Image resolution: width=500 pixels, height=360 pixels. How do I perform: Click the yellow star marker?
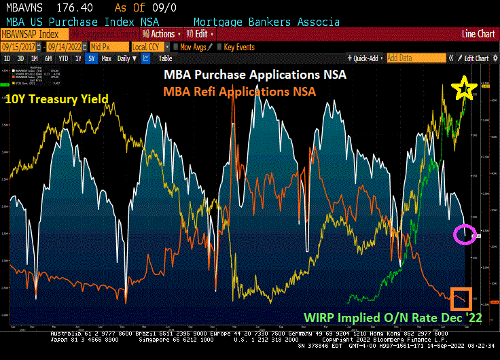click(x=465, y=86)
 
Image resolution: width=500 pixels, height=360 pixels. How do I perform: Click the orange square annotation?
click(x=461, y=298)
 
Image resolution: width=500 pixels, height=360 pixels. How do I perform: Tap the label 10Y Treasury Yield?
click(x=56, y=99)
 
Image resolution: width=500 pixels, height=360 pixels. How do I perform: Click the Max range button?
click(x=106, y=58)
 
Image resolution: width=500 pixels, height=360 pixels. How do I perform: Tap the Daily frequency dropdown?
click(x=124, y=58)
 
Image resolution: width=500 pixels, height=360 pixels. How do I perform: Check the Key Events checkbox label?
click(x=238, y=47)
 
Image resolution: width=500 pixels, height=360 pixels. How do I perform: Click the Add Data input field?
click(x=411, y=58)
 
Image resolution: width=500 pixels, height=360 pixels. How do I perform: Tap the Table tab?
click(x=165, y=58)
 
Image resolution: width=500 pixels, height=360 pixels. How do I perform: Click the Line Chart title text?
click(x=478, y=34)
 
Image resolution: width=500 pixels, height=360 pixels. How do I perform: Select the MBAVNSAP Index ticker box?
click(x=29, y=34)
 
